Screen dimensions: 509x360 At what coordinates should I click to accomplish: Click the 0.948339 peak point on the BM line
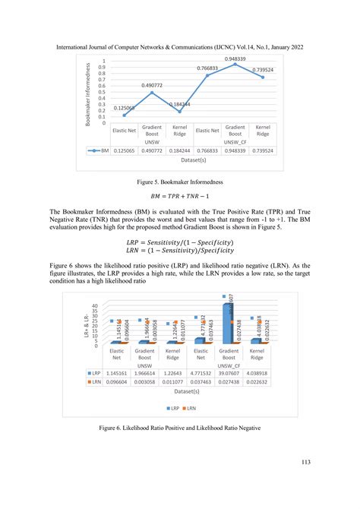pos(235,65)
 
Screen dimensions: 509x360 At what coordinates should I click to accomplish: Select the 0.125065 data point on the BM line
pos(124,115)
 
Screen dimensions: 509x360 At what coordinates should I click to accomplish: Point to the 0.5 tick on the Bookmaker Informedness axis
pos(103,92)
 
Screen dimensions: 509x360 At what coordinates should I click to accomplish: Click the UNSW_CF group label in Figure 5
pos(235,143)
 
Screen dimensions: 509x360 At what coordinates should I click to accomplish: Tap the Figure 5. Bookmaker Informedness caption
pos(180,183)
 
